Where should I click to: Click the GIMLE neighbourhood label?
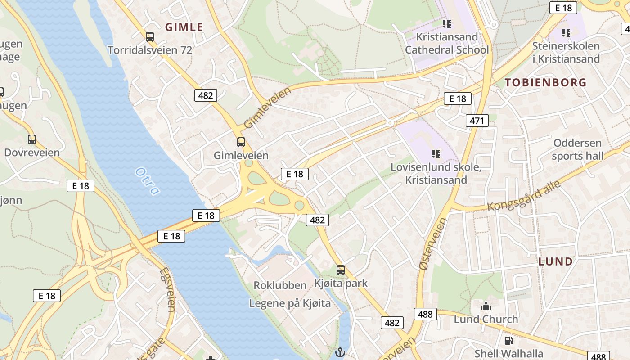click(184, 27)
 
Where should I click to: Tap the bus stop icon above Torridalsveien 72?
click(150, 37)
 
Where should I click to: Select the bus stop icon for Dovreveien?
click(31, 139)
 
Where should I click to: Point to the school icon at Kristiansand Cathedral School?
click(446, 23)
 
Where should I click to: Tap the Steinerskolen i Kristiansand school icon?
click(566, 33)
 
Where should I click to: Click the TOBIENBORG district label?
click(545, 82)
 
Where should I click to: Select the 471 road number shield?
click(477, 121)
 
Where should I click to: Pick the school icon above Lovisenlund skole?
click(436, 154)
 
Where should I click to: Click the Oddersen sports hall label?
click(577, 149)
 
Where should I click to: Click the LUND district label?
click(556, 261)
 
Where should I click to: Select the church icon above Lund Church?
click(486, 306)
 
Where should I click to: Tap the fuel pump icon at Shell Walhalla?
click(508, 341)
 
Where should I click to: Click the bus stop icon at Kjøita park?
click(341, 270)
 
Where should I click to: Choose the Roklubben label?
click(280, 285)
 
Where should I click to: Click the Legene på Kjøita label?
click(290, 303)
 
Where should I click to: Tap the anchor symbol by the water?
click(340, 351)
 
